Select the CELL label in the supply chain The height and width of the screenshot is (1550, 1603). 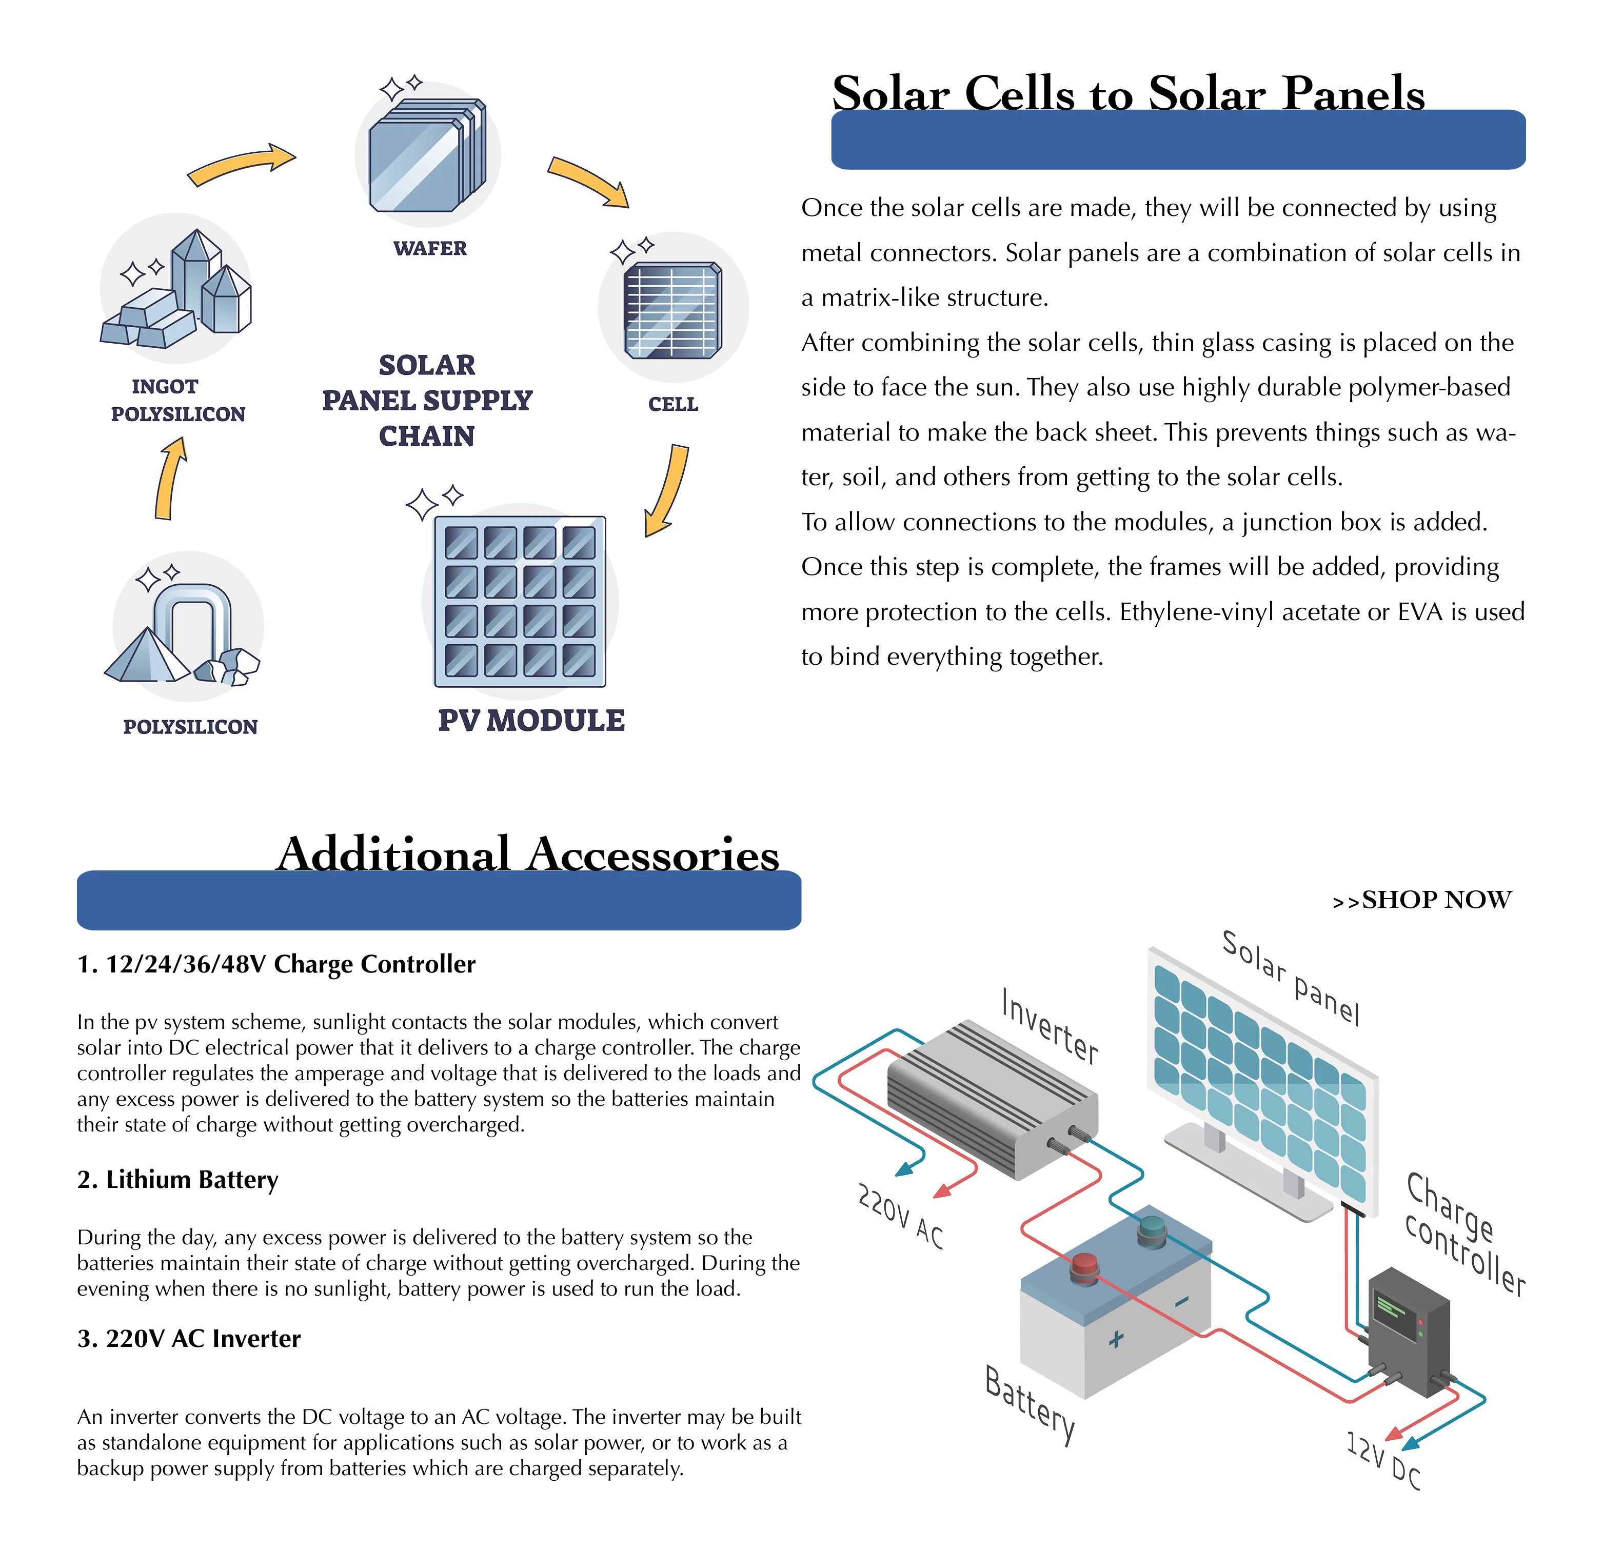(672, 404)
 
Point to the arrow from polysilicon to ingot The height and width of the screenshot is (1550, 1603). (169, 479)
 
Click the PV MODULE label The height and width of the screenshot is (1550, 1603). (531, 721)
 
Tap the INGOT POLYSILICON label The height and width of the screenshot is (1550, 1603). (177, 400)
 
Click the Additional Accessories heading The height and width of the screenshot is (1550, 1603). (527, 854)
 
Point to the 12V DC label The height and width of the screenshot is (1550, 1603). (1383, 1461)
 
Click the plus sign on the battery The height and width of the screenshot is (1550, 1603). (1116, 1339)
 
